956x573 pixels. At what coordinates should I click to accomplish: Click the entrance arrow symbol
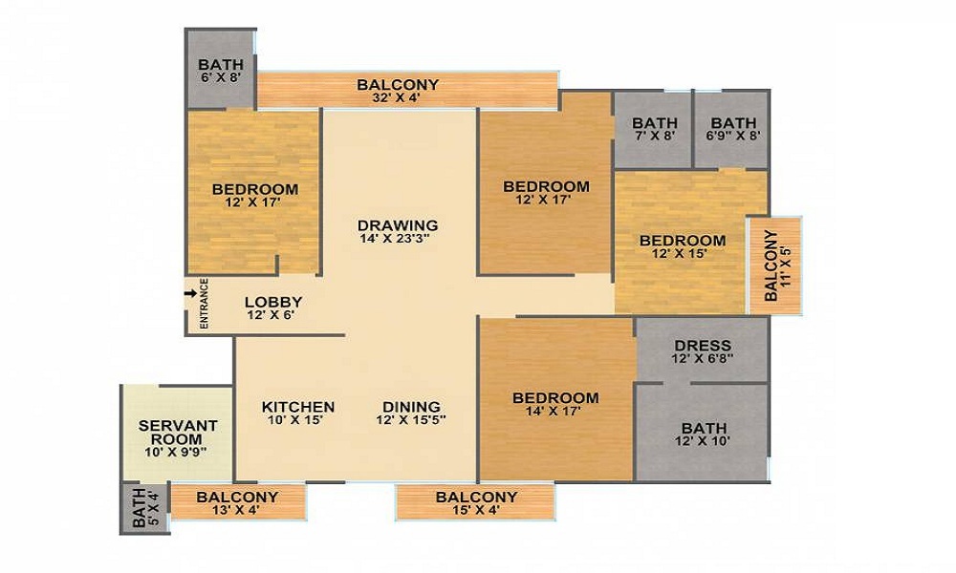tap(191, 293)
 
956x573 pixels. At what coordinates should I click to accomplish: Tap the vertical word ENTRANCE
tap(204, 304)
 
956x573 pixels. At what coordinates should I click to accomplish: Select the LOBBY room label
tap(273, 302)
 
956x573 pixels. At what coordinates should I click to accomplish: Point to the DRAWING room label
tap(398, 225)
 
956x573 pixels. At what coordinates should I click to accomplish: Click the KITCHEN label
tap(298, 407)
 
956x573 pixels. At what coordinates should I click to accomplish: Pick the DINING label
tap(411, 407)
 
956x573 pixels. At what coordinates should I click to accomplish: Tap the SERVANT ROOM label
tap(178, 433)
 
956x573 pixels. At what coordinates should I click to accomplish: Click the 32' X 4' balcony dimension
tap(398, 97)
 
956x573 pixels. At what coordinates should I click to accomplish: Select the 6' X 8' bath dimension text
tap(221, 77)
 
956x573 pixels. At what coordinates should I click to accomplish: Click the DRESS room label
tap(703, 346)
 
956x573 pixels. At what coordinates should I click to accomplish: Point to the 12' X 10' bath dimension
tap(703, 441)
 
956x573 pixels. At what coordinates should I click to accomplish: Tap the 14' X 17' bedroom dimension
tap(553, 411)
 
